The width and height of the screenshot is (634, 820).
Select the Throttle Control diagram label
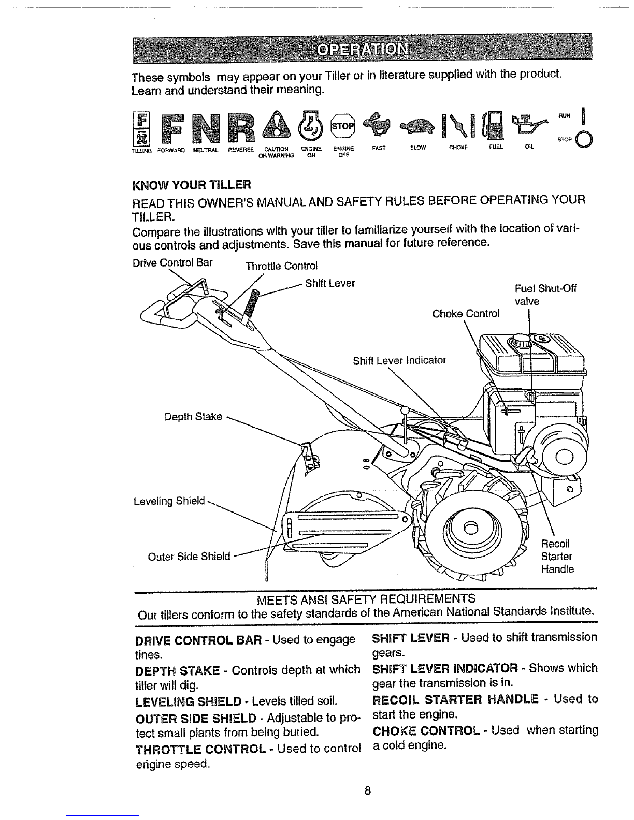pos(281,267)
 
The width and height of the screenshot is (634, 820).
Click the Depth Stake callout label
pos(197,416)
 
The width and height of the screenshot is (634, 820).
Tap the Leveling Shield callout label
pos(169,501)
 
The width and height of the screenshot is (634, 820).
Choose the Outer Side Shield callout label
pos(189,557)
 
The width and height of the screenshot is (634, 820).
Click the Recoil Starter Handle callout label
pos(557,557)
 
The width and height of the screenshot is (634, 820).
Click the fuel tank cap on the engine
pos(519,342)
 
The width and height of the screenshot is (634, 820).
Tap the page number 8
pos(367,790)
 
